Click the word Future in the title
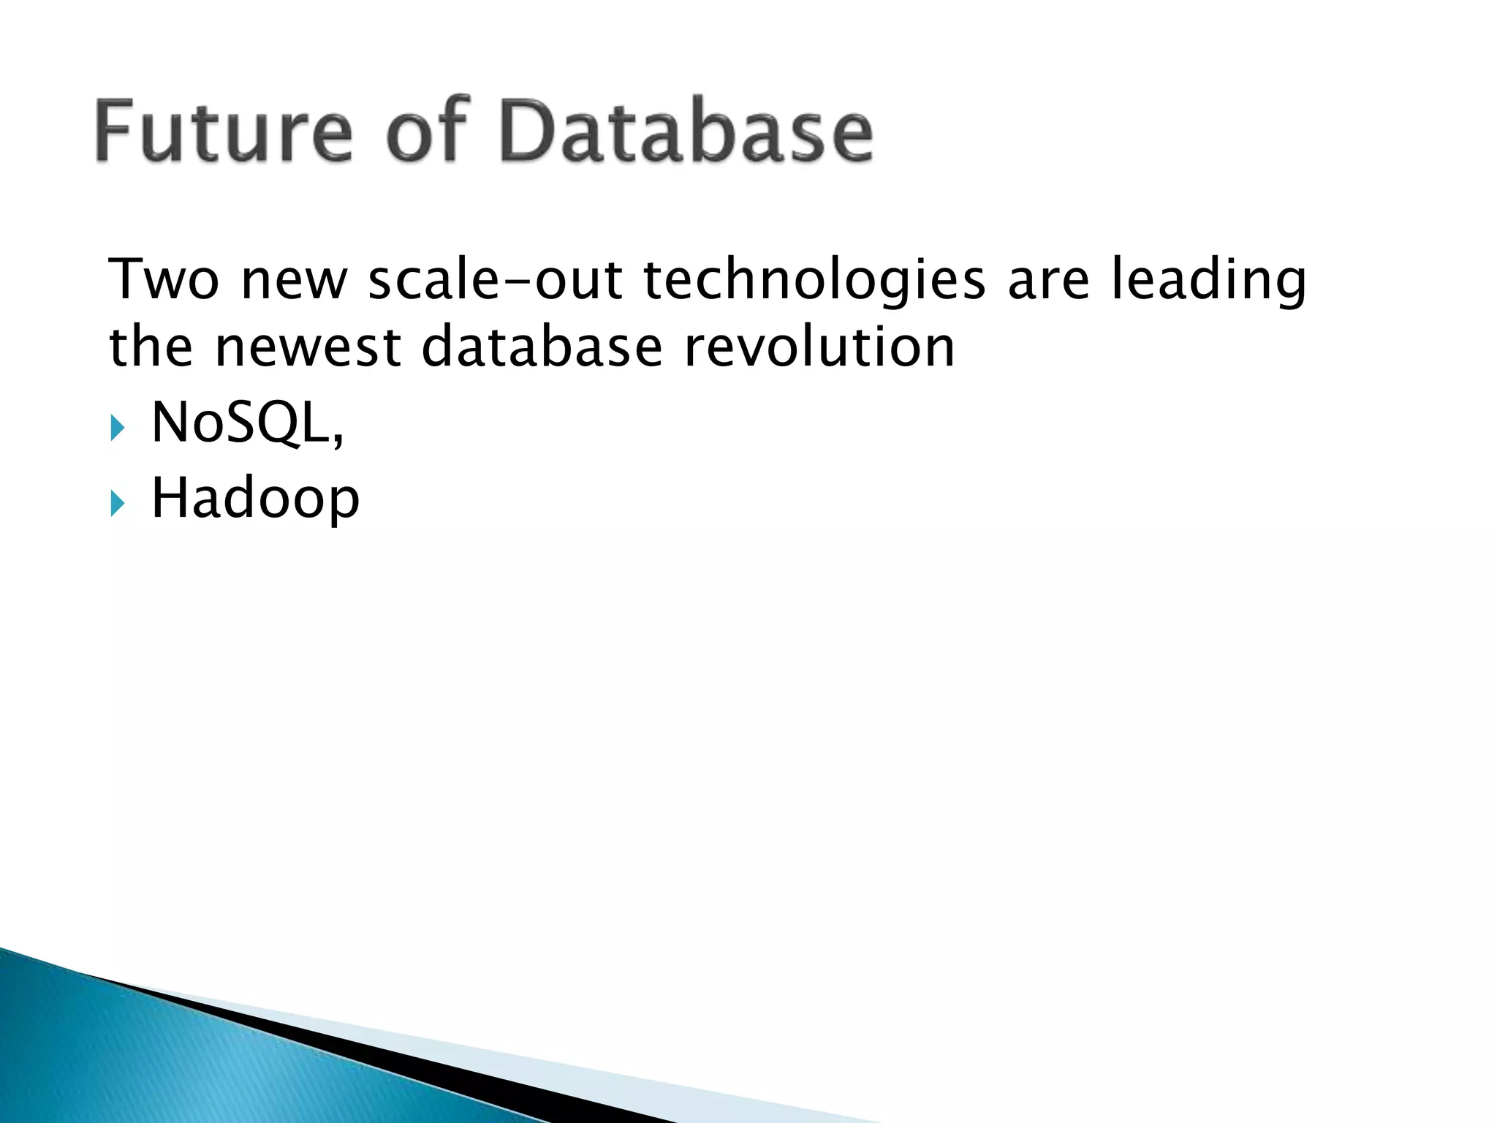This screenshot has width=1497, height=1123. pos(224,132)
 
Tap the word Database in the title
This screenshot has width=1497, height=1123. pos(687,132)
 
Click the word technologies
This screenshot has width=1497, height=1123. pos(814,281)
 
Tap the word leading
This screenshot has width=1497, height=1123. pos(1208,281)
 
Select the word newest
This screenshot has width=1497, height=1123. pos(308,347)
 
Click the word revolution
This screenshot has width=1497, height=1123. pos(819,347)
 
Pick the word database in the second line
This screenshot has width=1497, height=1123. pos(542,347)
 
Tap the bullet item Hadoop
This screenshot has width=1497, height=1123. pos(255,499)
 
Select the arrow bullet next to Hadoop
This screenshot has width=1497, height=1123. pos(118,504)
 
